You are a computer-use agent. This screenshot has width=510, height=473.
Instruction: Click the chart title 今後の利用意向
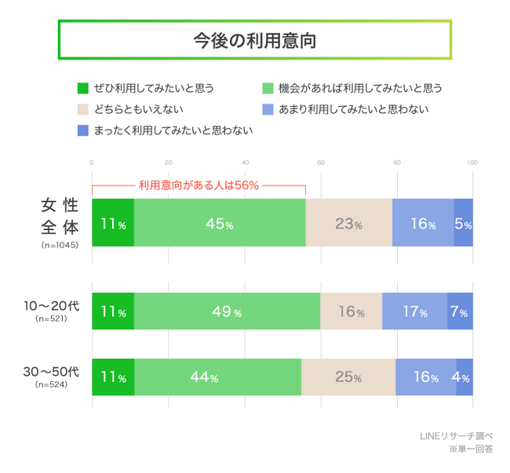tap(254, 40)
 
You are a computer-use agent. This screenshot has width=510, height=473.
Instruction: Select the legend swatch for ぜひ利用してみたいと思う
tap(83, 88)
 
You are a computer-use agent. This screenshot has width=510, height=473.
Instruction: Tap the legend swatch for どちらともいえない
tap(83, 109)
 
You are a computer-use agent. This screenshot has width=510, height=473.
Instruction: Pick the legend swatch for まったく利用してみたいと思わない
tap(83, 130)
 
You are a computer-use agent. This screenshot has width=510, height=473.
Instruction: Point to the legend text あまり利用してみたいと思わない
tap(354, 109)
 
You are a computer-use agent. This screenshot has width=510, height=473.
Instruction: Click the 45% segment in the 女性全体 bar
tap(219, 223)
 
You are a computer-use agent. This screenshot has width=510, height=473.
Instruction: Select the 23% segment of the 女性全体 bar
tap(348, 223)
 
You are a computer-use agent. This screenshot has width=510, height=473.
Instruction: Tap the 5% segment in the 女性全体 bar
tap(463, 223)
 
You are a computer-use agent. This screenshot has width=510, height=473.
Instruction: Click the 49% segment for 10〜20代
tap(227, 312)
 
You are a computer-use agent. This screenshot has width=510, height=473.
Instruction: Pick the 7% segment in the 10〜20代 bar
tap(460, 312)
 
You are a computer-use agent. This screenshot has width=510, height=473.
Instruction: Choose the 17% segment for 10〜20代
tap(414, 312)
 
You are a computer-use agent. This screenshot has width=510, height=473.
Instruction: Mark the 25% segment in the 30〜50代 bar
tap(348, 376)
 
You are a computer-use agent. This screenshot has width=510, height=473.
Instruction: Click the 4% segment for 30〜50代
tap(464, 376)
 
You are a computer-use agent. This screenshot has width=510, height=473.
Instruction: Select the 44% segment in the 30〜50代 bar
tap(217, 376)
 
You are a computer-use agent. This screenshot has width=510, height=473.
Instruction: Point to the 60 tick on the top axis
tap(320, 163)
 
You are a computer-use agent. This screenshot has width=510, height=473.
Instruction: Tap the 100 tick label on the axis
tap(472, 163)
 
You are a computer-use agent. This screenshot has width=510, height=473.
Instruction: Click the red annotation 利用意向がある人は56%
tap(199, 185)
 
